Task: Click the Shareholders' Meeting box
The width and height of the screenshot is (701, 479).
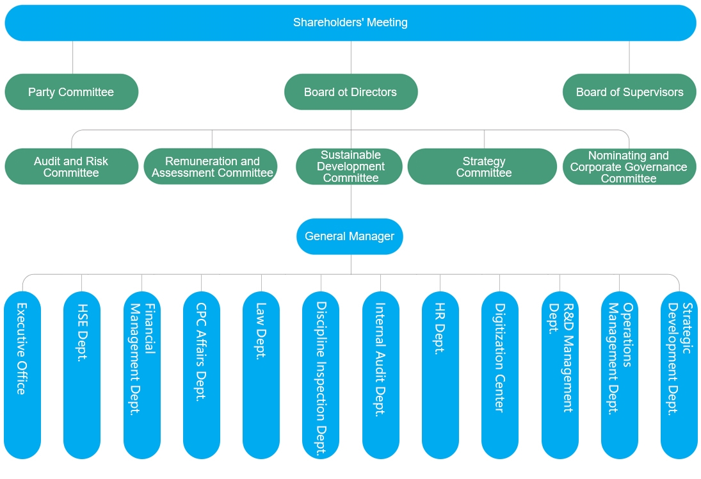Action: tap(350, 23)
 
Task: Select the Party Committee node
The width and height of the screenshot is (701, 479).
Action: tap(71, 92)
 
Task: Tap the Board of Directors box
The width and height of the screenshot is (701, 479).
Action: tap(350, 92)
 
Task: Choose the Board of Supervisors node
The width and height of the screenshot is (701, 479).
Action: tap(629, 92)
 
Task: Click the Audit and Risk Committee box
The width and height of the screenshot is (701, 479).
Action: tap(71, 167)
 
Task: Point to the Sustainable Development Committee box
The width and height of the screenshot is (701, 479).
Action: tap(350, 167)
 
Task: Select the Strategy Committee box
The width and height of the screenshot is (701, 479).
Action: tap(483, 167)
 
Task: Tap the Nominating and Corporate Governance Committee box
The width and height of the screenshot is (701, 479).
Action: tap(629, 167)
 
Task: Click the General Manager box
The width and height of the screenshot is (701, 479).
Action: tap(350, 236)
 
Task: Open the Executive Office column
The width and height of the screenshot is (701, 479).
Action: tap(22, 375)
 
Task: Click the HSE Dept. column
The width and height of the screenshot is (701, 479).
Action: tap(82, 375)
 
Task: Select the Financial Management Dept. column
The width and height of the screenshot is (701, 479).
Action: tap(141, 375)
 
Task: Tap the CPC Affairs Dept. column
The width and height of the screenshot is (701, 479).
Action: tap(201, 375)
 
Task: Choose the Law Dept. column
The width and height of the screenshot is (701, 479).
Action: tap(261, 375)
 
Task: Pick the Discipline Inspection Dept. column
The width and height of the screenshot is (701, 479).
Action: tap(321, 375)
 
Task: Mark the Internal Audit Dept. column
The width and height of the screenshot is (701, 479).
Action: tap(380, 375)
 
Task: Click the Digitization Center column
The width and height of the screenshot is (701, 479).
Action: tap(500, 375)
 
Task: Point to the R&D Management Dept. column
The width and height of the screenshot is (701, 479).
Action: tap(560, 375)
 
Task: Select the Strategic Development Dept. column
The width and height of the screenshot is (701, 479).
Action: tap(679, 375)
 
